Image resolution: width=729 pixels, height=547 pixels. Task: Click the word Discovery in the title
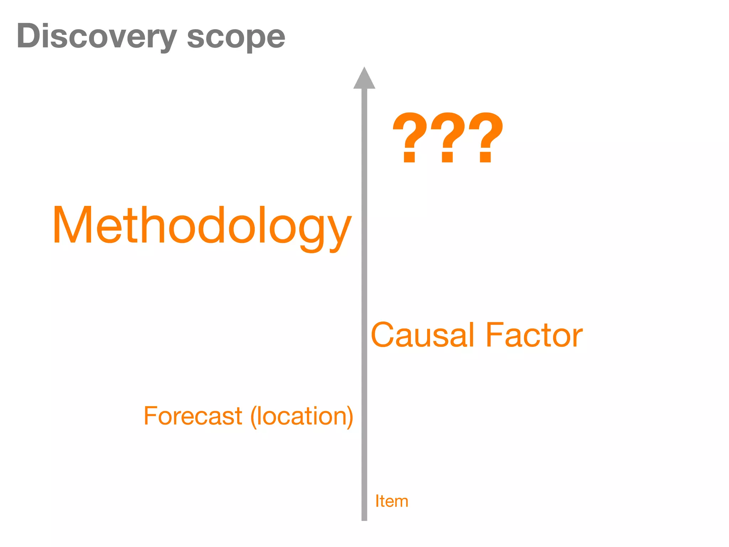click(96, 37)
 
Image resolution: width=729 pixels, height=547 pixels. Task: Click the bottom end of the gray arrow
click(364, 518)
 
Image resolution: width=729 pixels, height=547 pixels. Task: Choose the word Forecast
click(193, 416)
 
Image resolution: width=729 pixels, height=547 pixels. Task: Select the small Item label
click(392, 501)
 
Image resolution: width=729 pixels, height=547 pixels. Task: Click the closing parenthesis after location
click(349, 416)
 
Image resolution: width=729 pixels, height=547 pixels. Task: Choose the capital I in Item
click(377, 501)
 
